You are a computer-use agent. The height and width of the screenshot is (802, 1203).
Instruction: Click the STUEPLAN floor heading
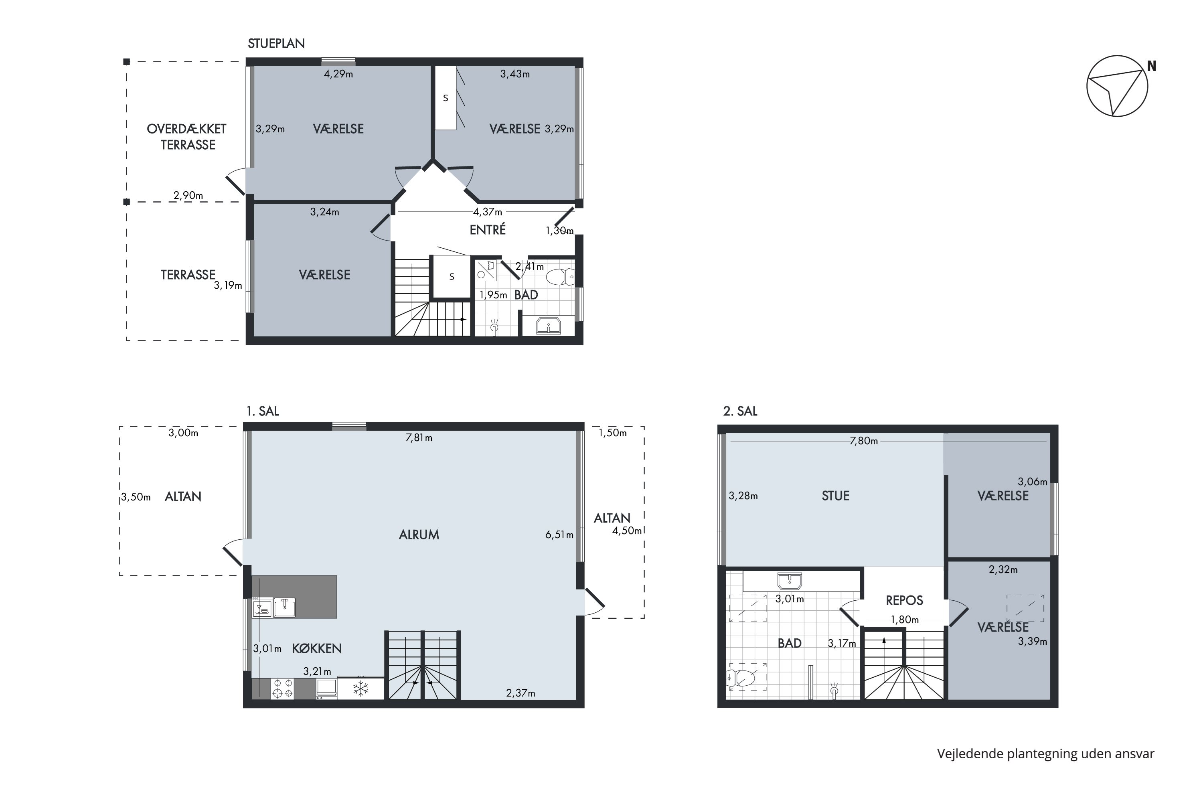pos(276,43)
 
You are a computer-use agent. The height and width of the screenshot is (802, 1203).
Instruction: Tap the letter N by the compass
pos(1151,66)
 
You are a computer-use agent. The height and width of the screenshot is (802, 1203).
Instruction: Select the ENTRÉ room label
pos(488,230)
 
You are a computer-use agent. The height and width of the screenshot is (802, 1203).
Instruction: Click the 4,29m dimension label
pos(338,74)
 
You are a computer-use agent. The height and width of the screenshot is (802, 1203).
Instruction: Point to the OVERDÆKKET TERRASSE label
pos(187,137)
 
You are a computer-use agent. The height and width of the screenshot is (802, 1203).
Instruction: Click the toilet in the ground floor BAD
pos(559,277)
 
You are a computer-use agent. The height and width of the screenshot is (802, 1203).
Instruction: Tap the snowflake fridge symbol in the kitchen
pos(360,688)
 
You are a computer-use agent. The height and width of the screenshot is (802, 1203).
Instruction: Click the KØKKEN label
pos(317,648)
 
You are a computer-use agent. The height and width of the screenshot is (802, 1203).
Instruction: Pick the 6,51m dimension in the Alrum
pos(559,535)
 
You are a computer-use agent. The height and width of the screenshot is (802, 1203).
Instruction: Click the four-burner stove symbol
pos(282,689)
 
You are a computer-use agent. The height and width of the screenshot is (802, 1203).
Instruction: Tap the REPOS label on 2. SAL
pos(904,600)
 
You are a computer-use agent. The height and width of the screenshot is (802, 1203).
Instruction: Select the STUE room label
pos(835,496)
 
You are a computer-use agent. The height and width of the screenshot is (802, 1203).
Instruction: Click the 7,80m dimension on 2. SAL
pos(863,441)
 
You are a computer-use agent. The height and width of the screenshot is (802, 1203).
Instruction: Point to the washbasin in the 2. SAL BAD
pos(789,581)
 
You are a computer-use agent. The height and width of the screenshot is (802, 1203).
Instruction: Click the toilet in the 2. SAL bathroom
pos(741,678)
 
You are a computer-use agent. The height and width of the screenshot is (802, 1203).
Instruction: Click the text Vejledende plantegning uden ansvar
pos(1045,753)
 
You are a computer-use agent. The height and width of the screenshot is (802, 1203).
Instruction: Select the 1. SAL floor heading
pos(262,411)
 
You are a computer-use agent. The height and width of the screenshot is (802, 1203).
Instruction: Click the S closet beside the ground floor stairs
pos(451,277)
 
